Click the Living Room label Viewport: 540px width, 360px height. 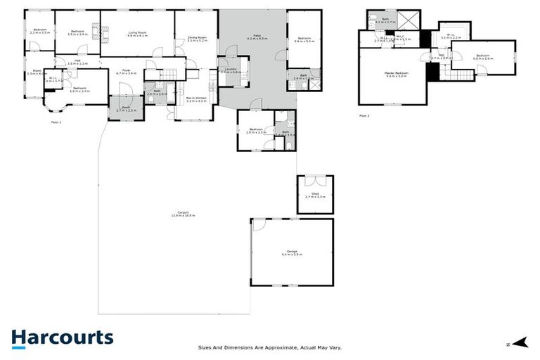click(x=137, y=34)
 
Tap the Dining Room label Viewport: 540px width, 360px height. click(x=196, y=39)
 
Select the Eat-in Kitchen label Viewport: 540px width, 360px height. click(x=195, y=100)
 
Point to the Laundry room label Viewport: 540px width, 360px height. click(x=230, y=70)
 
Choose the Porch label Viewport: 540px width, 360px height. click(x=125, y=109)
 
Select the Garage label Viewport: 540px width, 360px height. click(x=292, y=252)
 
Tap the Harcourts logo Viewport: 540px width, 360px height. click(x=62, y=338)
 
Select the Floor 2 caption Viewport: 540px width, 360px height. click(x=364, y=115)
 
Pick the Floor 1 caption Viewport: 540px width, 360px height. click(x=57, y=122)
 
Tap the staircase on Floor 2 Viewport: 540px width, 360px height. click(x=461, y=75)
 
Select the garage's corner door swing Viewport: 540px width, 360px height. click(x=259, y=225)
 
